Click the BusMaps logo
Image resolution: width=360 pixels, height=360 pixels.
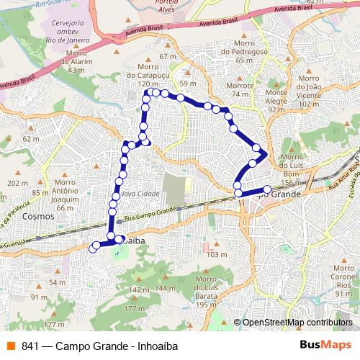coord(325,345)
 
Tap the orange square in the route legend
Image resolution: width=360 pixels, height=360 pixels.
coord(10,346)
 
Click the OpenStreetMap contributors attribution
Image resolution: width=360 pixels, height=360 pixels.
coord(297,323)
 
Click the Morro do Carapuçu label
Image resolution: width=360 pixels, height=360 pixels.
coord(147,74)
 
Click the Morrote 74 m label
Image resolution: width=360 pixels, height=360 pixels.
coord(240,89)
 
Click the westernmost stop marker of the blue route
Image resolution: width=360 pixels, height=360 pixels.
coord(92,249)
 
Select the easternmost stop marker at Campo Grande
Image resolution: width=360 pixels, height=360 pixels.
coord(267,189)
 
